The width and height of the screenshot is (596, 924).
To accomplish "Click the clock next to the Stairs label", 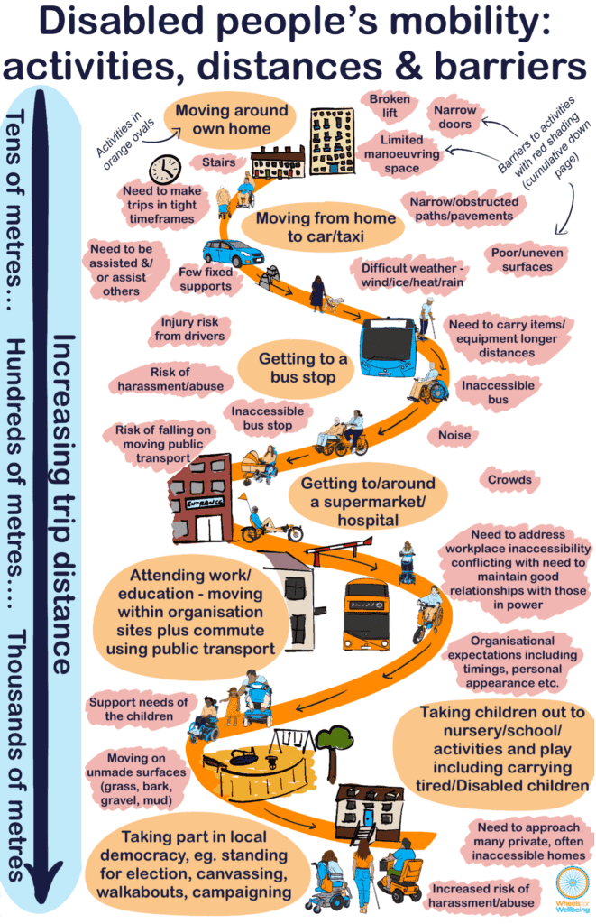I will [x=165, y=169].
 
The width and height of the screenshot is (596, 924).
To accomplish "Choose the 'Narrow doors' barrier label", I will [x=455, y=116].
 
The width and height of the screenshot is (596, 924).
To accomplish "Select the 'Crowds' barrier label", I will [x=509, y=479].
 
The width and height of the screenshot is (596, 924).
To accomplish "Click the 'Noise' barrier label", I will [x=454, y=435].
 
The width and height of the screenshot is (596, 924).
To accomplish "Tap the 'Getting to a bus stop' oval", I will [x=303, y=367].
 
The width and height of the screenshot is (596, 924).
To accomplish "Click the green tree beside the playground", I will [x=333, y=744].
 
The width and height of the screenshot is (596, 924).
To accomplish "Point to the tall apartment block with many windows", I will [x=332, y=140].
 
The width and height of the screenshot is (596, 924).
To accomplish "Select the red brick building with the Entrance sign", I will [x=200, y=498].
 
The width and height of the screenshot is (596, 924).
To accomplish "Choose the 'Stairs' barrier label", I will [x=218, y=163].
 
